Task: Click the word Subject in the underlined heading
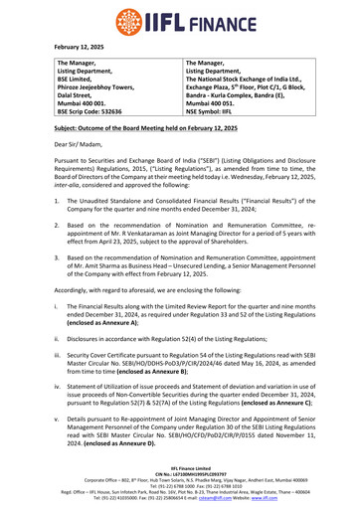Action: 69,158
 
